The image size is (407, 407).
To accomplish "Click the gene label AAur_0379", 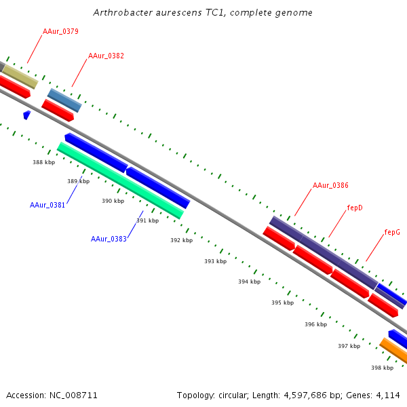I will (x=60, y=31).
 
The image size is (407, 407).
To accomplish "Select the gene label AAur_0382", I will (x=106, y=56).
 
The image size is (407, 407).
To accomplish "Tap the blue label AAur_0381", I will (x=47, y=205).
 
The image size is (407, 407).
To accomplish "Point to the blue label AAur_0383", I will (x=109, y=239).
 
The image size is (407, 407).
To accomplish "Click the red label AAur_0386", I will (x=330, y=185).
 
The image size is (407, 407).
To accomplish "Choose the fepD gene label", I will (x=355, y=208).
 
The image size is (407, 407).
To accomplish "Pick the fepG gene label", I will (x=392, y=232).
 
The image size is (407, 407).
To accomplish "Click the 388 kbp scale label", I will (x=44, y=162).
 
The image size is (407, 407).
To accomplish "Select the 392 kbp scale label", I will (x=181, y=240).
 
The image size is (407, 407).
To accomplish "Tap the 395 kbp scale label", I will (x=282, y=303).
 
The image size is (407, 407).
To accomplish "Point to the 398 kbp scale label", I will (x=382, y=368).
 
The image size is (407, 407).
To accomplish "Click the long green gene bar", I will (x=120, y=180).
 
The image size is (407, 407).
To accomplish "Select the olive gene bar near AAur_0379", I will (x=20, y=77).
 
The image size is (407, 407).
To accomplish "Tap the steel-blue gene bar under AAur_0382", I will (x=64, y=100).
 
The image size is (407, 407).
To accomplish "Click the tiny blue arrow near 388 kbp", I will (x=26, y=115).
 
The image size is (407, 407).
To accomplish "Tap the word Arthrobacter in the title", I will (x=121, y=13).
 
